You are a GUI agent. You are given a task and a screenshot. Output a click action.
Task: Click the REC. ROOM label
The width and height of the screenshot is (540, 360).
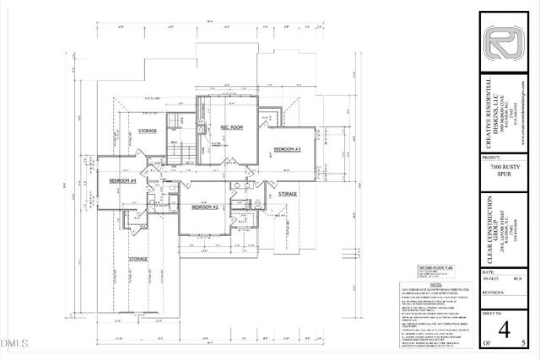233,127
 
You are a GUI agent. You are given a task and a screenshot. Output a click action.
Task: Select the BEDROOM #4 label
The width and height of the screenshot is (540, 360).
121,180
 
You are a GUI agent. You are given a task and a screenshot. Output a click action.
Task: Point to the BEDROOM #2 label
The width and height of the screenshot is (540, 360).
204,207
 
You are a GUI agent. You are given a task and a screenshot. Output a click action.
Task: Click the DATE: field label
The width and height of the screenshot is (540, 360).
488,273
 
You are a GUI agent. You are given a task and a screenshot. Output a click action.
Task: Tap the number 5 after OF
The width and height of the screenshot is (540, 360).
524,343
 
